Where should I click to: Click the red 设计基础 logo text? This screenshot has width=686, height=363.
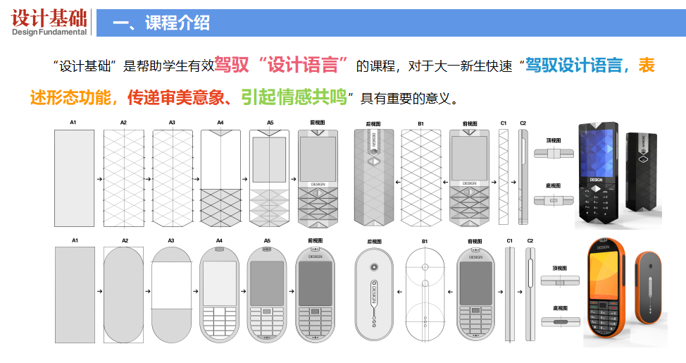(49, 17)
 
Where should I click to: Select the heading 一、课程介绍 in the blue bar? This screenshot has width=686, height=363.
(161, 23)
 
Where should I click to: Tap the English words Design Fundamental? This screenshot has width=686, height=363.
(49, 32)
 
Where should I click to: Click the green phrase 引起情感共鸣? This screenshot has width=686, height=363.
(294, 97)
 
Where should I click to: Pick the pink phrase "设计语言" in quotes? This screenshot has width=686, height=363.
(304, 66)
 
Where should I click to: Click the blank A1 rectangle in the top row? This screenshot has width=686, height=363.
(73, 178)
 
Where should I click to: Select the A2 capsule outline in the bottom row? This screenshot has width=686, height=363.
(123, 295)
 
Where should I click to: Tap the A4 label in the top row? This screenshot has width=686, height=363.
(220, 123)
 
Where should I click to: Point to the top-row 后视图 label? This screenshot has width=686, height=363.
(373, 123)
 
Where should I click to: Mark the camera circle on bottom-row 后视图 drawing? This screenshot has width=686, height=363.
(373, 269)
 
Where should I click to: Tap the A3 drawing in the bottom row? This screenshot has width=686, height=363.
(171, 295)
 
